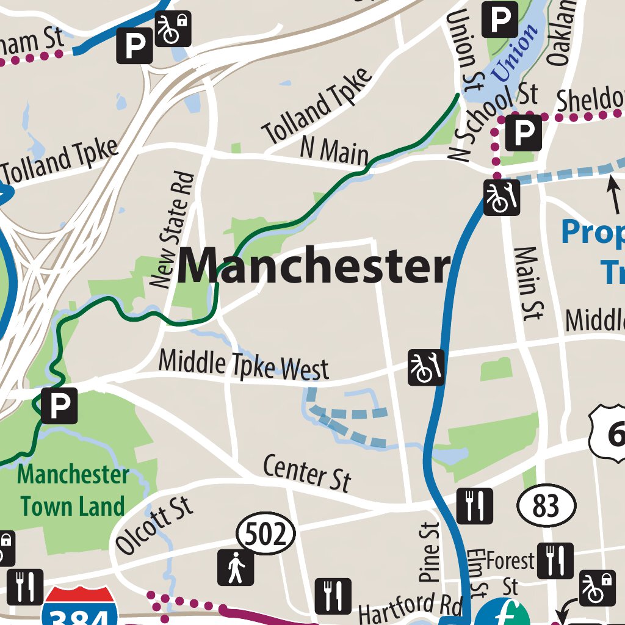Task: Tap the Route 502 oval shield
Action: click(x=266, y=535)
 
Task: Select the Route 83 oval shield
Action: click(x=546, y=506)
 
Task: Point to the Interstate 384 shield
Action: click(x=80, y=607)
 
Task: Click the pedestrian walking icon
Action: click(x=236, y=568)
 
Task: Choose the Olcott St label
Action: click(x=155, y=526)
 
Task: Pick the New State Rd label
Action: click(x=172, y=231)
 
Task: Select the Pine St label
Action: click(x=430, y=552)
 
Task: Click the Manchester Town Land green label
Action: click(x=73, y=491)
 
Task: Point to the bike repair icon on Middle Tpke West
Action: click(x=426, y=367)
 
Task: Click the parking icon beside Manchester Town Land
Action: click(x=60, y=405)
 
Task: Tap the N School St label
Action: click(x=493, y=122)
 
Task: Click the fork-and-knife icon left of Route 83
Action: click(x=475, y=506)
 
